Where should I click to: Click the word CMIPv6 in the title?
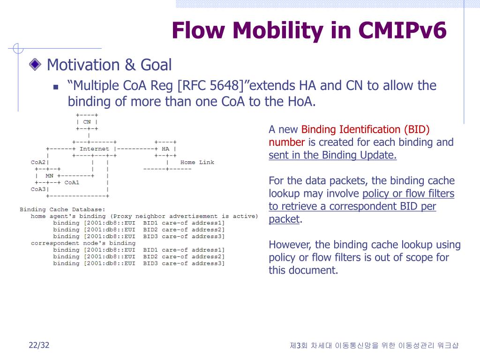pyautogui.click(x=402, y=30)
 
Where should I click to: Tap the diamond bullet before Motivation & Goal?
pyautogui.click(x=35, y=64)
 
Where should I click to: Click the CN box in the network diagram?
pyautogui.click(x=87, y=122)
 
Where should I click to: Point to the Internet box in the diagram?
pyautogui.click(x=94, y=149)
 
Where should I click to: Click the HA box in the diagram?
pyautogui.click(x=165, y=149)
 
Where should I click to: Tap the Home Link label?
pyautogui.click(x=197, y=162)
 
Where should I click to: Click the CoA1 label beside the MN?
pyautogui.click(x=72, y=182)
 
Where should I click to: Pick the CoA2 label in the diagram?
pyautogui.click(x=38, y=162)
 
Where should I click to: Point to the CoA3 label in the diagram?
pyautogui.click(x=38, y=189)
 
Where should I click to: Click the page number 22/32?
pyautogui.click(x=39, y=345)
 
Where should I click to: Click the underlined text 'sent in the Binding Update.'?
pyautogui.click(x=332, y=155)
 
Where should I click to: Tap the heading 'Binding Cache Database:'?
pyautogui.click(x=62, y=210)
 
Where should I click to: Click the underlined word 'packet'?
pyautogui.click(x=284, y=219)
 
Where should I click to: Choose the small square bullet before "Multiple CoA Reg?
pyautogui.click(x=56, y=87)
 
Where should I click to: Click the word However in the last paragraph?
pyautogui.click(x=290, y=245)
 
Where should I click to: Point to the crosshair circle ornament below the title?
pyautogui.click(x=18, y=48)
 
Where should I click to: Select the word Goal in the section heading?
pyautogui.click(x=156, y=65)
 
